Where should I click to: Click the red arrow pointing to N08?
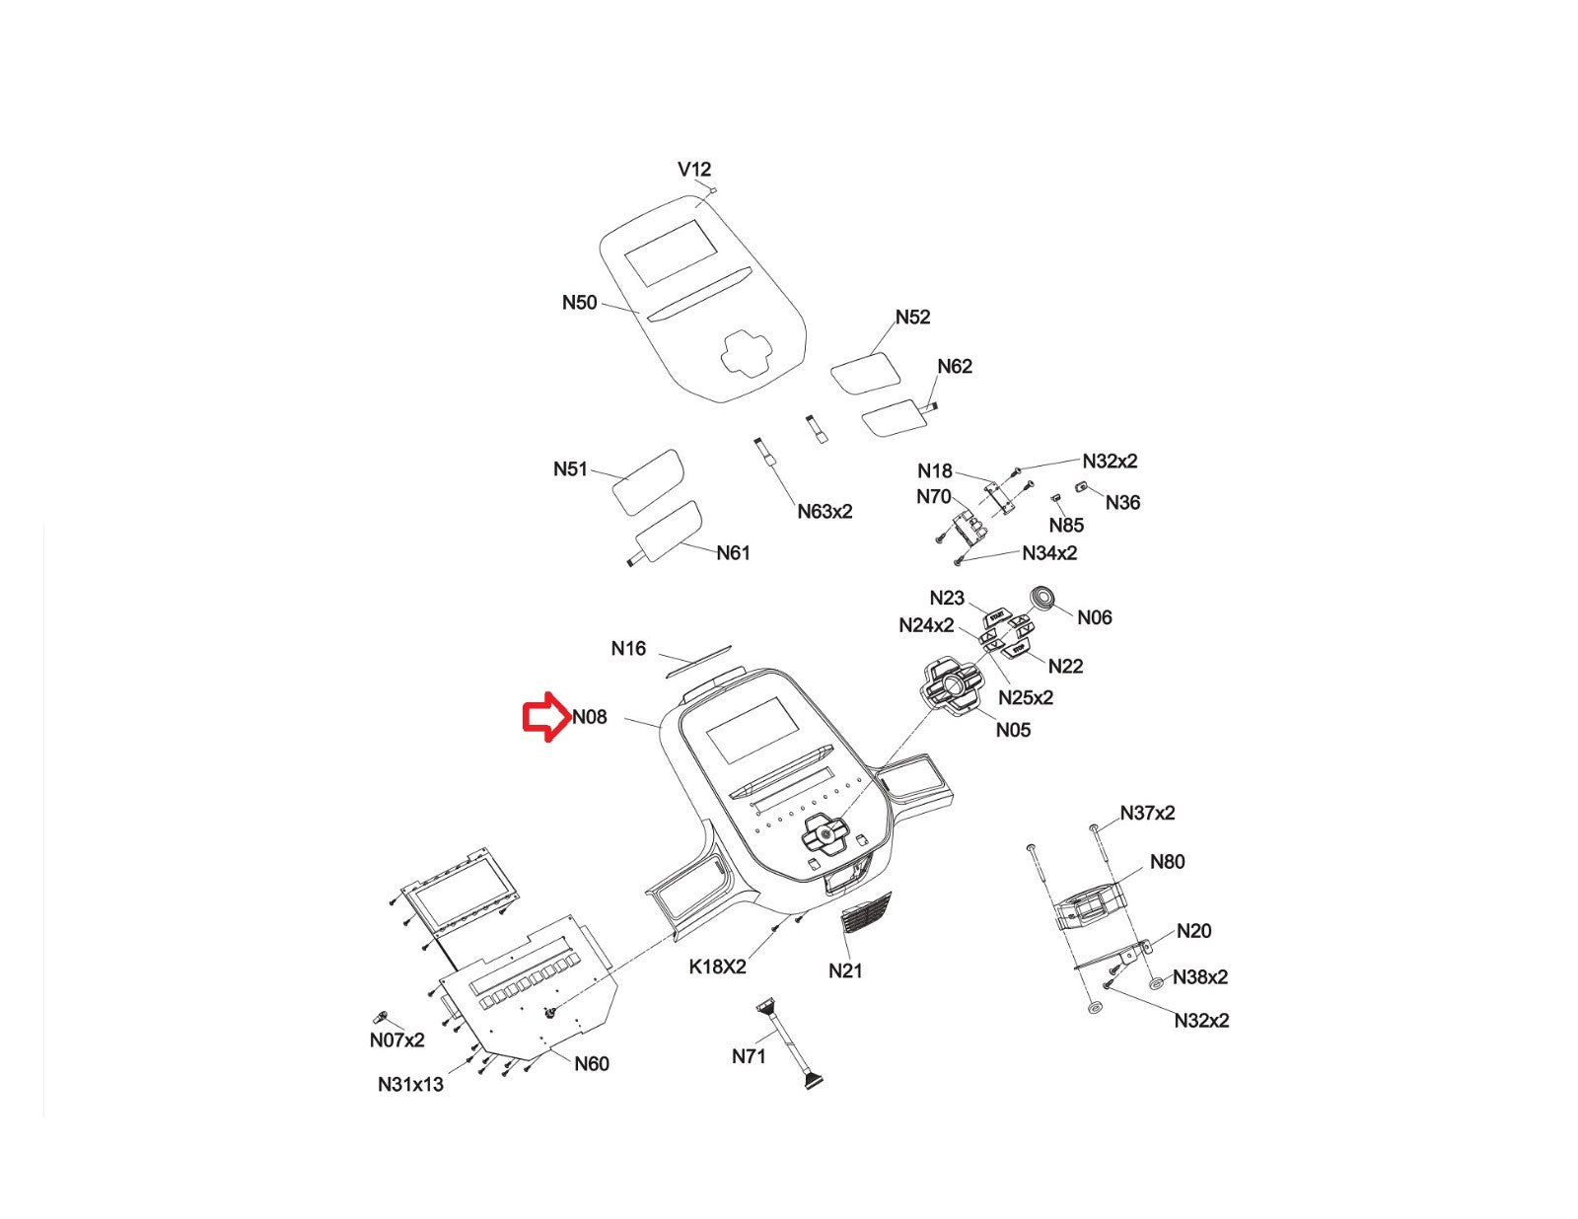tap(544, 718)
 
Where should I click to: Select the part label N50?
tap(579, 303)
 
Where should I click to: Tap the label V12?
tap(694, 170)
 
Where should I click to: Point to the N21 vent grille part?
tap(865, 916)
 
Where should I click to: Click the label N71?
tap(749, 1057)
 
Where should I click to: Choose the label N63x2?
tap(825, 512)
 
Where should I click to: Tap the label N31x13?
tap(410, 1085)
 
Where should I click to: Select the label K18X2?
tap(717, 967)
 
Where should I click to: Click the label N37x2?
tap(1147, 814)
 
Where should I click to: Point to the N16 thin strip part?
tap(698, 662)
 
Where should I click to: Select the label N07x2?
tap(396, 1040)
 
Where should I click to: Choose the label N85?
tap(1066, 526)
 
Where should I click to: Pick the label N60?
tap(591, 1063)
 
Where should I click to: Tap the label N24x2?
tap(926, 625)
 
